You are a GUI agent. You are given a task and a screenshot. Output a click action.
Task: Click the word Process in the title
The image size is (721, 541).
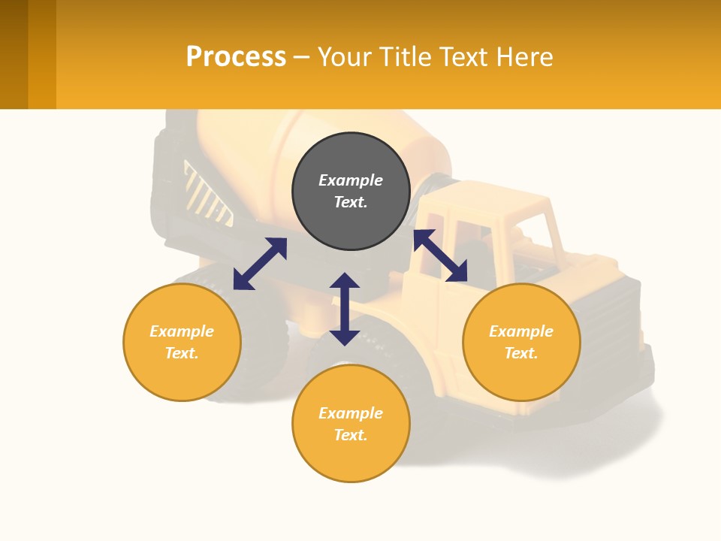[x=236, y=57]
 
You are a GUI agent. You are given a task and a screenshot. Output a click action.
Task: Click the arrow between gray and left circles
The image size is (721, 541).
[x=260, y=264]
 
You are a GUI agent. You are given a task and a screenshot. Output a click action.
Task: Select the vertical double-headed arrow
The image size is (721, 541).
[x=345, y=309]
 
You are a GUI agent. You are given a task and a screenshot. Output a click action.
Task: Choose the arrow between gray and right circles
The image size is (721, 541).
[x=440, y=256]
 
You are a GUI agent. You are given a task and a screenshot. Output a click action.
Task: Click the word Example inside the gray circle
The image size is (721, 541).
[x=351, y=180]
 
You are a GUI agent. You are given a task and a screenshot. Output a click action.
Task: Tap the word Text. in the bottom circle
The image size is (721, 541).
[x=351, y=435]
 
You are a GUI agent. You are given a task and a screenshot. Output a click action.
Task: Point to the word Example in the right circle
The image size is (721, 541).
[x=521, y=331]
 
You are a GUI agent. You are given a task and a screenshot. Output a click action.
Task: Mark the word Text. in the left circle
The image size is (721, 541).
[x=182, y=353]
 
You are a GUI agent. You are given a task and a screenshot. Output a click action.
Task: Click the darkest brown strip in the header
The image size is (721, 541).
[x=14, y=54]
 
